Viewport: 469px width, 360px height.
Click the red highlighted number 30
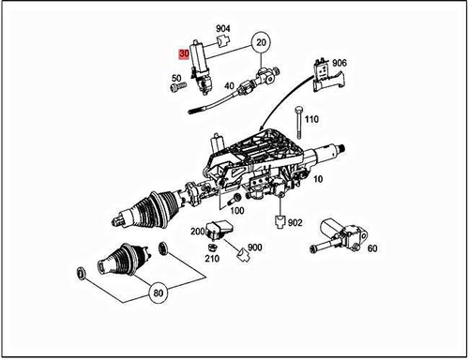[186, 55]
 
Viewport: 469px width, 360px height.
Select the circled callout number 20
[262, 43]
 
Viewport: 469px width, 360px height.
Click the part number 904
[222, 30]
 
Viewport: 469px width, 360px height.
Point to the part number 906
[340, 63]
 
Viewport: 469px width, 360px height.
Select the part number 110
[312, 120]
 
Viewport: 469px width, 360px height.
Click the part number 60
[372, 248]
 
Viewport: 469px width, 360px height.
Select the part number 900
[256, 247]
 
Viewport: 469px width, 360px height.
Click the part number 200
[199, 231]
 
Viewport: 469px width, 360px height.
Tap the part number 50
[176, 79]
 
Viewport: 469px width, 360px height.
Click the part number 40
[229, 86]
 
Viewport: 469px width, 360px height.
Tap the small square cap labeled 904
[222, 44]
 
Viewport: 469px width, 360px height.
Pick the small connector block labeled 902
[278, 223]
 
